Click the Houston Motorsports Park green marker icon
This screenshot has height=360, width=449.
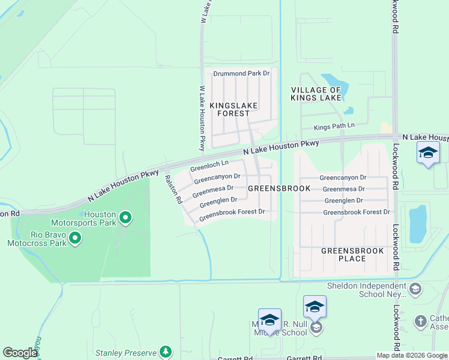(x=125, y=218)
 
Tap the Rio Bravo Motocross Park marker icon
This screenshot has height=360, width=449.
(x=75, y=239)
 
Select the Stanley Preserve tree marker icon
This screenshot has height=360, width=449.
(x=166, y=352)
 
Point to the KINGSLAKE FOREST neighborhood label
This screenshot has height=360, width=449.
(x=234, y=109)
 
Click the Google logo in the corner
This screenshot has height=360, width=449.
(x=19, y=353)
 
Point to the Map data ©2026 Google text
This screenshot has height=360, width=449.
(x=412, y=355)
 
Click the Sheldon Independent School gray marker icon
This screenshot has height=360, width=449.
(x=414, y=290)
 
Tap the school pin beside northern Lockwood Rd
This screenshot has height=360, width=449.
(x=428, y=154)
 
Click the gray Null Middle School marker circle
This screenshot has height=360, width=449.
(x=316, y=327)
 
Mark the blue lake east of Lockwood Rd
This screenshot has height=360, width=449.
(x=417, y=223)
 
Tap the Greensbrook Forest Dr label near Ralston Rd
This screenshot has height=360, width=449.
(x=232, y=215)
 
